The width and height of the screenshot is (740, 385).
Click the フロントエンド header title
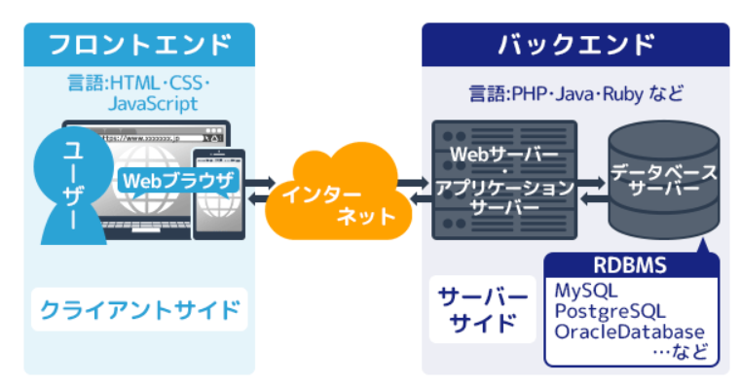pyautogui.click(x=140, y=45)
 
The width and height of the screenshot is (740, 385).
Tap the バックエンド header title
pyautogui.click(x=575, y=45)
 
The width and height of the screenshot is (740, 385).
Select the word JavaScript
pyautogui.click(x=153, y=104)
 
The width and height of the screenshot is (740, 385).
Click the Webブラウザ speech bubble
pyautogui.click(x=178, y=182)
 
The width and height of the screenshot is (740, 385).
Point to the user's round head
pyautogui.click(x=73, y=166)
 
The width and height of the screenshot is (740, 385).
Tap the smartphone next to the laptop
pyautogui.click(x=219, y=194)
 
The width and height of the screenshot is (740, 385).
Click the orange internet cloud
pyautogui.click(x=339, y=193)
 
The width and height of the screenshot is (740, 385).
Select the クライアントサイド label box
pyautogui.click(x=139, y=309)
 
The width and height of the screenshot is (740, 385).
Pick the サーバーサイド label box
pyautogui.click(x=482, y=309)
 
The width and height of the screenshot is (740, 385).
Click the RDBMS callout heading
pyautogui.click(x=630, y=265)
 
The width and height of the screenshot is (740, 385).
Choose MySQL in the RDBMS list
pyautogui.click(x=586, y=291)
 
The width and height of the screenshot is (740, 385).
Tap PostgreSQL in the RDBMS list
pyautogui.click(x=610, y=311)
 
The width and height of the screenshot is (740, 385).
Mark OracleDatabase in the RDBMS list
pyautogui.click(x=630, y=332)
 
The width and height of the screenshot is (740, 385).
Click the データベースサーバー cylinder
pyautogui.click(x=664, y=182)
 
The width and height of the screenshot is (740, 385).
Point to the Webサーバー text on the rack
pyautogui.click(x=504, y=155)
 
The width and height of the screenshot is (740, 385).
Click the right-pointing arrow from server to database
pyautogui.click(x=590, y=183)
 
